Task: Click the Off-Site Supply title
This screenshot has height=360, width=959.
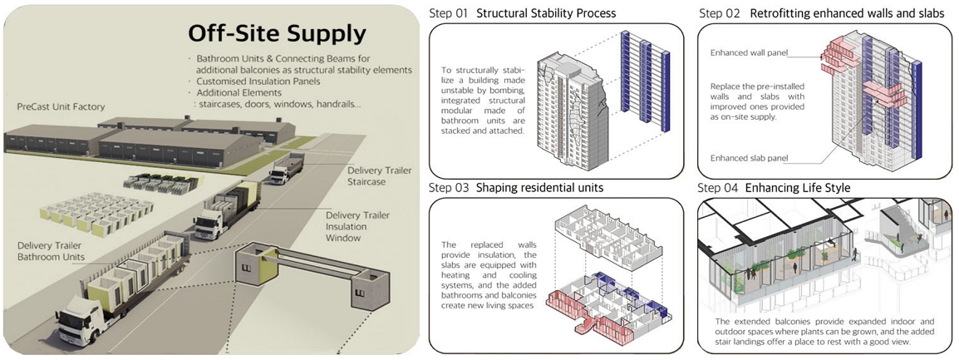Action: [x=277, y=34]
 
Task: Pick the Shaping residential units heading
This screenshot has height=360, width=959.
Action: [x=539, y=188]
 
